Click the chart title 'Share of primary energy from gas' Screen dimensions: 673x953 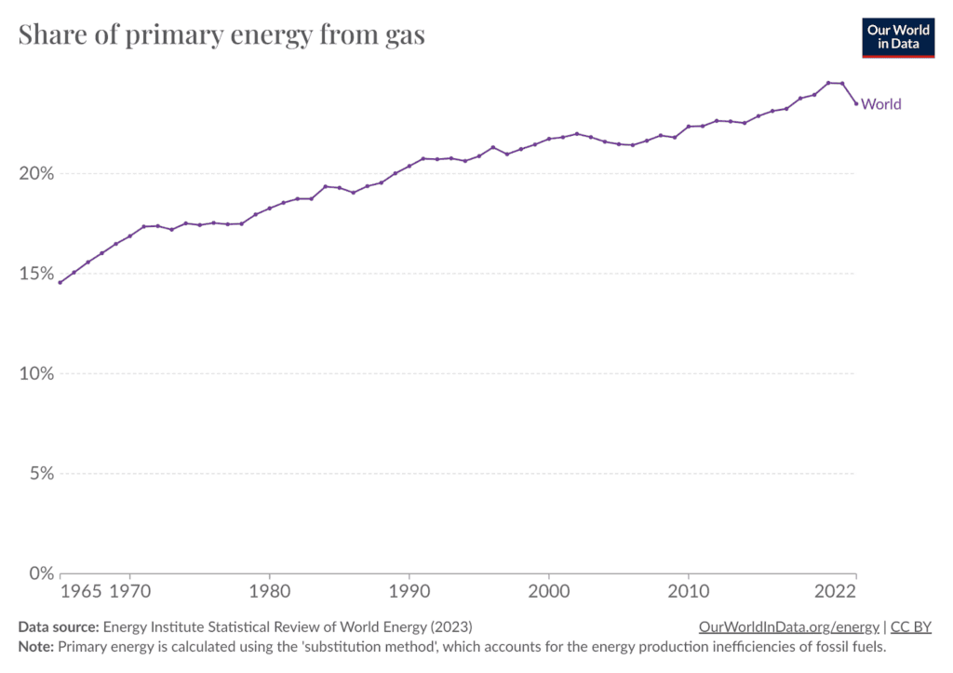[221, 35]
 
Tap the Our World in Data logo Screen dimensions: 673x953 [897, 36]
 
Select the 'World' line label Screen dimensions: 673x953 [881, 104]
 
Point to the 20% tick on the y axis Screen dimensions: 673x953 [36, 174]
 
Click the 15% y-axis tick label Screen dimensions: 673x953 [36, 274]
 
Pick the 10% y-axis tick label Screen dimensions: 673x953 [36, 373]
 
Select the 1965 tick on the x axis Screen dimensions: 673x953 [81, 593]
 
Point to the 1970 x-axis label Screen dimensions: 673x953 [129, 593]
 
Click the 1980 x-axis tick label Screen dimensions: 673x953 [269, 593]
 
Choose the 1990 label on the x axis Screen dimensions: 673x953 [409, 593]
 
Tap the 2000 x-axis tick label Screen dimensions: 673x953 [548, 593]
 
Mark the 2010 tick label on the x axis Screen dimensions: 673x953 [688, 593]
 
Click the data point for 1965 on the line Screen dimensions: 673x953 [60, 282]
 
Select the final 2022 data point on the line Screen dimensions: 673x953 [856, 103]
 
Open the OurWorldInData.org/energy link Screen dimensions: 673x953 [788, 627]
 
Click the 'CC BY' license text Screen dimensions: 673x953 [913, 627]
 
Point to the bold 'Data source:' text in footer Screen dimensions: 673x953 [59, 627]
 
